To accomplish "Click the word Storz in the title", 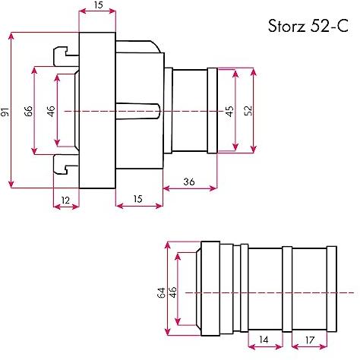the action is [x=286, y=26].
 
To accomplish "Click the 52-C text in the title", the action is [x=329, y=26].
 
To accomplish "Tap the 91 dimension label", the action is [x=5, y=112].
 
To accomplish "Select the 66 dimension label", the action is [x=28, y=111].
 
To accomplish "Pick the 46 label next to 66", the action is [x=51, y=111].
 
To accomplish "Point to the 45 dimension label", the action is [x=229, y=111].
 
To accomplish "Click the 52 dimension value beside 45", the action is [x=248, y=111].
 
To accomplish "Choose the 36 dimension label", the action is [x=189, y=182].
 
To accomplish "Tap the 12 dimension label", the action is [x=65, y=201].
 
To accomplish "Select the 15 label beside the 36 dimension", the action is [x=137, y=199].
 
